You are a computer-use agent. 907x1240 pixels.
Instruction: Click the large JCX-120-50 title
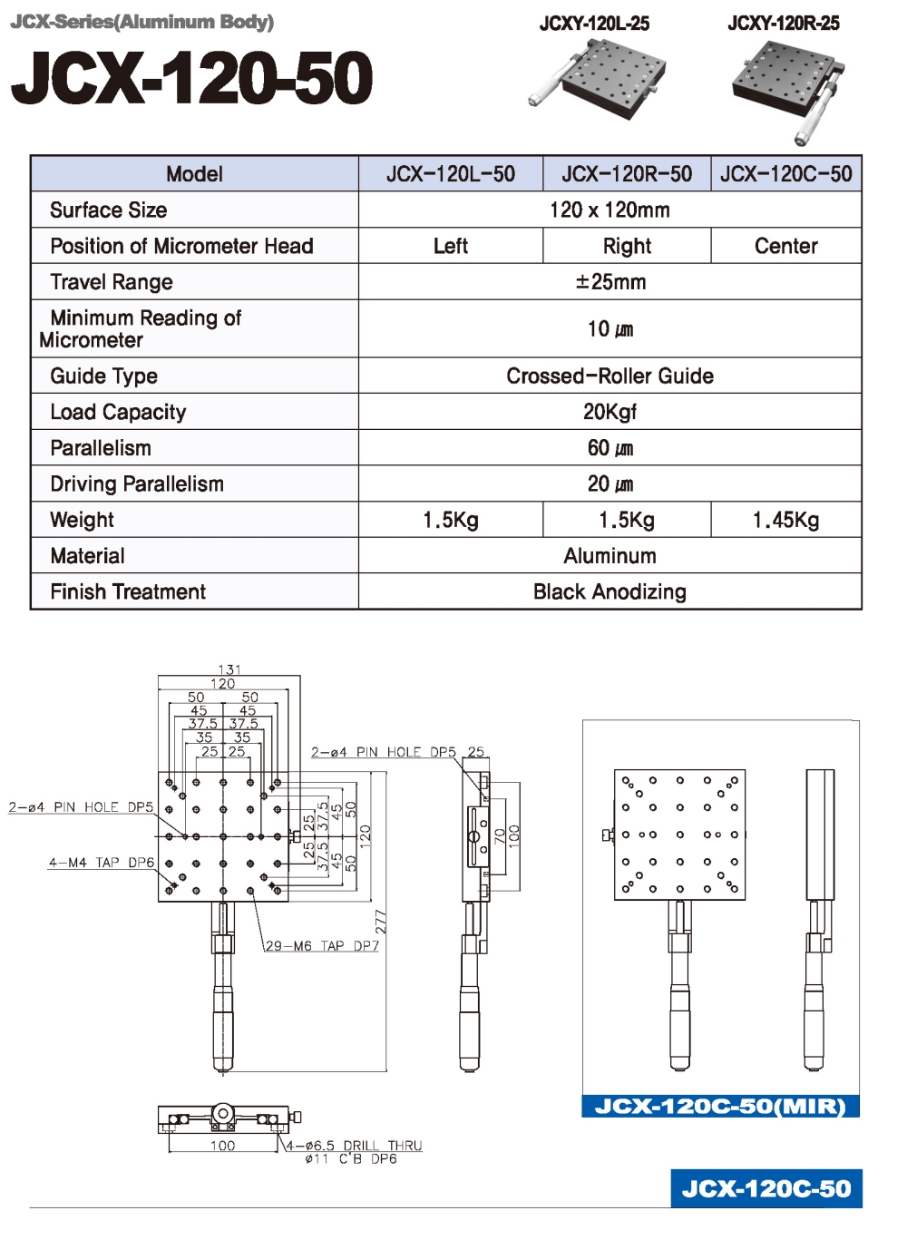(191, 78)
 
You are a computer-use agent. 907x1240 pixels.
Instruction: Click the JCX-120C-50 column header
(785, 174)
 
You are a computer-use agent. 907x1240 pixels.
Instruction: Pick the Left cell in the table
(450, 246)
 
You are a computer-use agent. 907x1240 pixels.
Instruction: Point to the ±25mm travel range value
(610, 282)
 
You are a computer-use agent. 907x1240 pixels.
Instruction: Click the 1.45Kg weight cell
(785, 520)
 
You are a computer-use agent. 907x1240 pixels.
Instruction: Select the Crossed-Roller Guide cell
(610, 376)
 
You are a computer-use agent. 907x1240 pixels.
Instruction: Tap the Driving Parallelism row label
(137, 484)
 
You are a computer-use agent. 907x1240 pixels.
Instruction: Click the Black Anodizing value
(610, 592)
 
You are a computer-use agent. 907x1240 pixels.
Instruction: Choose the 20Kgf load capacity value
(610, 412)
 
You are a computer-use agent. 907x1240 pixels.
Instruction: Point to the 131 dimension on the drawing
(229, 669)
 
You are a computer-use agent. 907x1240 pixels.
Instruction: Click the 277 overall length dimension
(381, 922)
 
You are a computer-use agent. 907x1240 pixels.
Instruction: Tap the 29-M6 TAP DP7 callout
(322, 946)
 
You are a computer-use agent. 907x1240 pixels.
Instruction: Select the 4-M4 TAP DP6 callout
(102, 863)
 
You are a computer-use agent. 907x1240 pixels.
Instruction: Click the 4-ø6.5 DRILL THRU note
(355, 1146)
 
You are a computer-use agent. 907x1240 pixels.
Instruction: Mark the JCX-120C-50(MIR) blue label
(720, 1107)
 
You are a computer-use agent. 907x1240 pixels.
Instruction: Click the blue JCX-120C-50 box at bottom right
(766, 1188)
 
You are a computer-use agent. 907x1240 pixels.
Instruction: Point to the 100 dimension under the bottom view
(222, 1146)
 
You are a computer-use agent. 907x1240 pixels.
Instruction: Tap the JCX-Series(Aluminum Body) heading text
(142, 22)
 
